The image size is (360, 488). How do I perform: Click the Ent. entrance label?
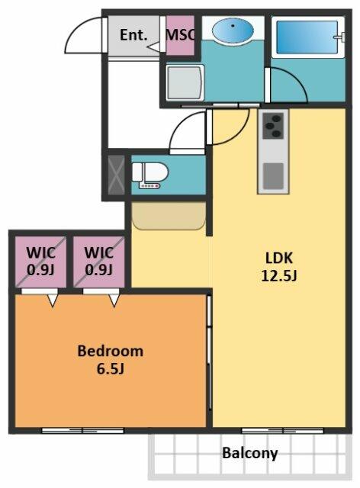tap(133, 35)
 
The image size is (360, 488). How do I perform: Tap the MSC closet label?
tap(181, 35)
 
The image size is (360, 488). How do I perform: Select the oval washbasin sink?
tap(233, 30)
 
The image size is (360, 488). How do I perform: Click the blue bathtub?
tap(307, 37)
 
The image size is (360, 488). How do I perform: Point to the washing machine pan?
tap(185, 82)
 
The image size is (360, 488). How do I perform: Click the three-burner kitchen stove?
tap(273, 125)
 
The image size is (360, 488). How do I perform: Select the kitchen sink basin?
tap(273, 176)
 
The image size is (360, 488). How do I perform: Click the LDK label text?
tap(278, 258)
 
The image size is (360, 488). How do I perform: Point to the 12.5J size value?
tap(278, 275)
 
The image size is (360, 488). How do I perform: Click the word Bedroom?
tap(111, 351)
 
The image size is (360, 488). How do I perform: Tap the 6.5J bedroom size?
tap(111, 369)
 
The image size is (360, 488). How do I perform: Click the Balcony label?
tap(249, 454)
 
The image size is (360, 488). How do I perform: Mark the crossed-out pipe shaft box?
tap(116, 175)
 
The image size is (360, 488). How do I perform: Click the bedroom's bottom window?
tap(82, 431)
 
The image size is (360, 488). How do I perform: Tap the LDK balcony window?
tap(282, 431)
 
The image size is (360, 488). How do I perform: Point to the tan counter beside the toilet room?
tap(169, 216)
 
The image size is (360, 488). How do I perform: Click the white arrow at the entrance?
tap(153, 47)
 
